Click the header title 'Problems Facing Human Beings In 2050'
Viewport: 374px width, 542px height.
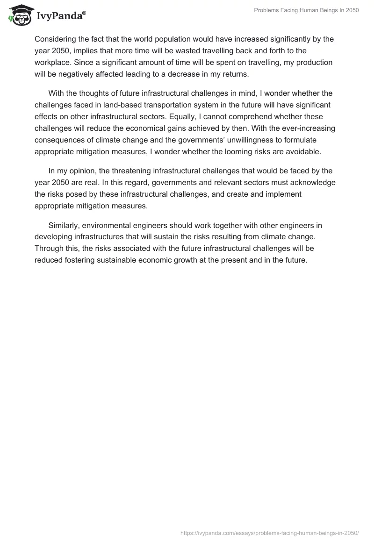coord(306,11)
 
